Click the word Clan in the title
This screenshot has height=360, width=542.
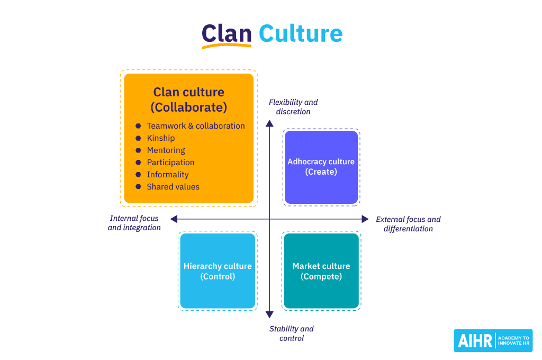coord(226,33)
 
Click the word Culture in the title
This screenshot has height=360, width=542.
coord(300,33)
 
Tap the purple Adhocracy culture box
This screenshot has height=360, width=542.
coord(321,167)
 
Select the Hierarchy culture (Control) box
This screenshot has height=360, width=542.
coord(218,271)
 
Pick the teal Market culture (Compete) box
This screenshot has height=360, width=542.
coord(321,271)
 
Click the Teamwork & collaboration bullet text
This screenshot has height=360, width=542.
coord(196,126)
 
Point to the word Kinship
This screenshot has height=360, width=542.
coord(161,138)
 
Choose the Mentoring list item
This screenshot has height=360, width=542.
coord(166,150)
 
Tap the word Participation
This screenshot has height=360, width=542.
coord(170,163)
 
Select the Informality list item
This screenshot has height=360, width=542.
coord(168,175)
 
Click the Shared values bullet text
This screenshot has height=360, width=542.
coord(173,187)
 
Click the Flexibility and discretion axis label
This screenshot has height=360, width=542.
coord(293,107)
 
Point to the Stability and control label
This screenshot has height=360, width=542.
coord(292,334)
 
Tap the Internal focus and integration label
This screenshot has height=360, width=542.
coord(134,223)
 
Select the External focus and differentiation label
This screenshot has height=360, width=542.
coord(408,224)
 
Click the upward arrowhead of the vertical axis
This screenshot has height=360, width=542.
coord(269,124)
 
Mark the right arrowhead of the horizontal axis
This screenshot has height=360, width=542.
coord(365,219)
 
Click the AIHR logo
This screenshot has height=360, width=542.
coord(493,340)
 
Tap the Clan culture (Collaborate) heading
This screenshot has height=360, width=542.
coord(189,100)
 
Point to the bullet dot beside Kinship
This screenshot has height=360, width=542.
coord(138,138)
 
